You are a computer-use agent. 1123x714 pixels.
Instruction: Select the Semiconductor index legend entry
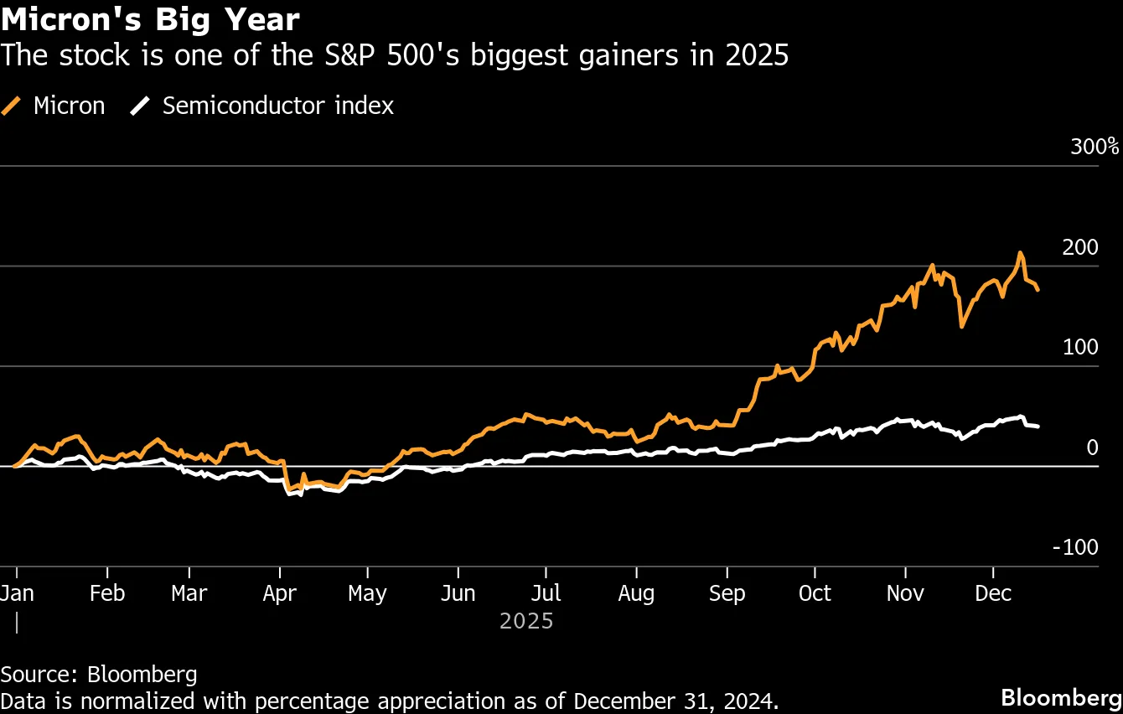[x=263, y=106]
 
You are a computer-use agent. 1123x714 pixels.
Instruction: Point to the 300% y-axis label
[x=1095, y=147]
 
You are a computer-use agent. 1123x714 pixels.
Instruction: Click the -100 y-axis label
[x=1075, y=547]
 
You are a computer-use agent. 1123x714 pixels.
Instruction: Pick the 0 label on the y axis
[x=1092, y=448]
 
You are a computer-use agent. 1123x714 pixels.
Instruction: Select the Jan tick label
[x=17, y=593]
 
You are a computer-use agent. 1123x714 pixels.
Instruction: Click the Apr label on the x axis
[x=279, y=593]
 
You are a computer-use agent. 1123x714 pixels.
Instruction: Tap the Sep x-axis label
[x=727, y=593]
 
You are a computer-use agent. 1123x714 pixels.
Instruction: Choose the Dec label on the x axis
[x=993, y=593]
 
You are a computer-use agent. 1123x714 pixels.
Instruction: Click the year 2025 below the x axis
[x=526, y=621]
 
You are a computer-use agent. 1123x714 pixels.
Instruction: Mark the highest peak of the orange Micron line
[x=1019, y=252]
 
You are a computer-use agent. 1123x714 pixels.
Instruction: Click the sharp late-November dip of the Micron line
[x=961, y=325]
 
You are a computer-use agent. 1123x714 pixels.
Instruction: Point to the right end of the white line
[x=1038, y=427]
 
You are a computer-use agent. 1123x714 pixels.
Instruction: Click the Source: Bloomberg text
[x=99, y=674]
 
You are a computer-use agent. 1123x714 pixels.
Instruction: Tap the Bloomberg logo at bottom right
[x=1061, y=697]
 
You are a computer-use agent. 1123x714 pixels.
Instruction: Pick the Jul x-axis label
[x=546, y=593]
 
